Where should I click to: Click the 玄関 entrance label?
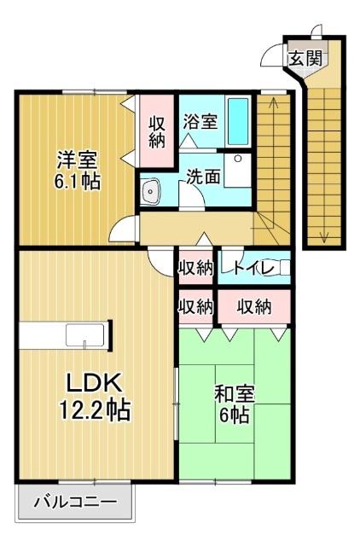(304, 59)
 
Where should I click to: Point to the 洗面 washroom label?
(204, 177)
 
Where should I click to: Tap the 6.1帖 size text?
(78, 182)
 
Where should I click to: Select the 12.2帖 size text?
(94, 411)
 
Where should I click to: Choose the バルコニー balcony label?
(75, 502)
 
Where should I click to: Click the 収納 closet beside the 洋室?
(158, 131)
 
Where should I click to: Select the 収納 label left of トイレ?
(195, 268)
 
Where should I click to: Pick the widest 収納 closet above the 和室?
(253, 305)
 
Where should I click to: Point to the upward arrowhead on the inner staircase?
(273, 103)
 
